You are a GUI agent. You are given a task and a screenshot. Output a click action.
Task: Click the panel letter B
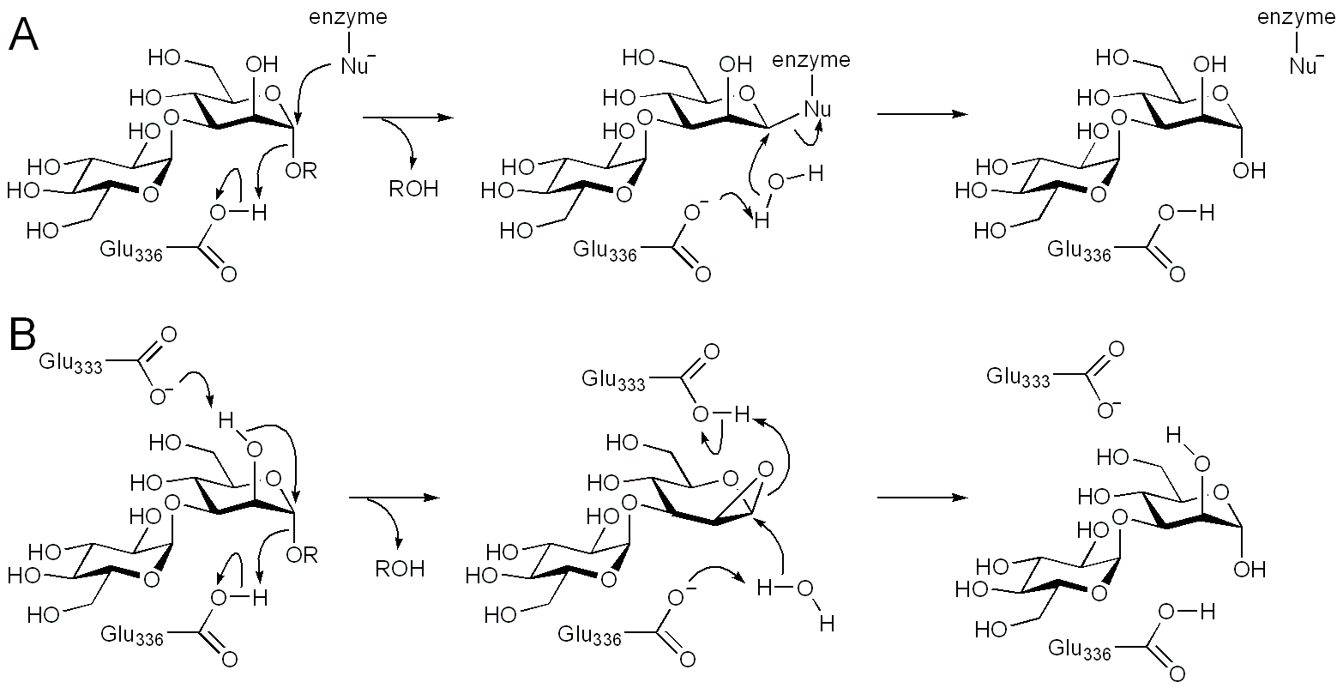pyautogui.click(x=23, y=335)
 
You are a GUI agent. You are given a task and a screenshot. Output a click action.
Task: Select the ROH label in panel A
pyautogui.click(x=413, y=189)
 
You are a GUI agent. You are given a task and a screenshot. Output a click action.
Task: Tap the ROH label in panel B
pyautogui.click(x=399, y=568)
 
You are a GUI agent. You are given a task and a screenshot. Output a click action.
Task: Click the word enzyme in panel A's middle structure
pyautogui.click(x=811, y=59)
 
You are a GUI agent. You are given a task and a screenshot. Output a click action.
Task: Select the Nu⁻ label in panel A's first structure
pyautogui.click(x=354, y=66)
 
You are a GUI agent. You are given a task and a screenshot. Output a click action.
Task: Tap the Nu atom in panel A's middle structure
pyautogui.click(x=817, y=108)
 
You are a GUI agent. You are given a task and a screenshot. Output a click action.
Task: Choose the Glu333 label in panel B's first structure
pyautogui.click(x=71, y=364)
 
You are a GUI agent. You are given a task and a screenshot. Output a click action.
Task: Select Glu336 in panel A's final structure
pyautogui.click(x=1079, y=250)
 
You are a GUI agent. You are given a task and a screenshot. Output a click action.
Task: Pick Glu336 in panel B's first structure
pyautogui.click(x=133, y=636)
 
